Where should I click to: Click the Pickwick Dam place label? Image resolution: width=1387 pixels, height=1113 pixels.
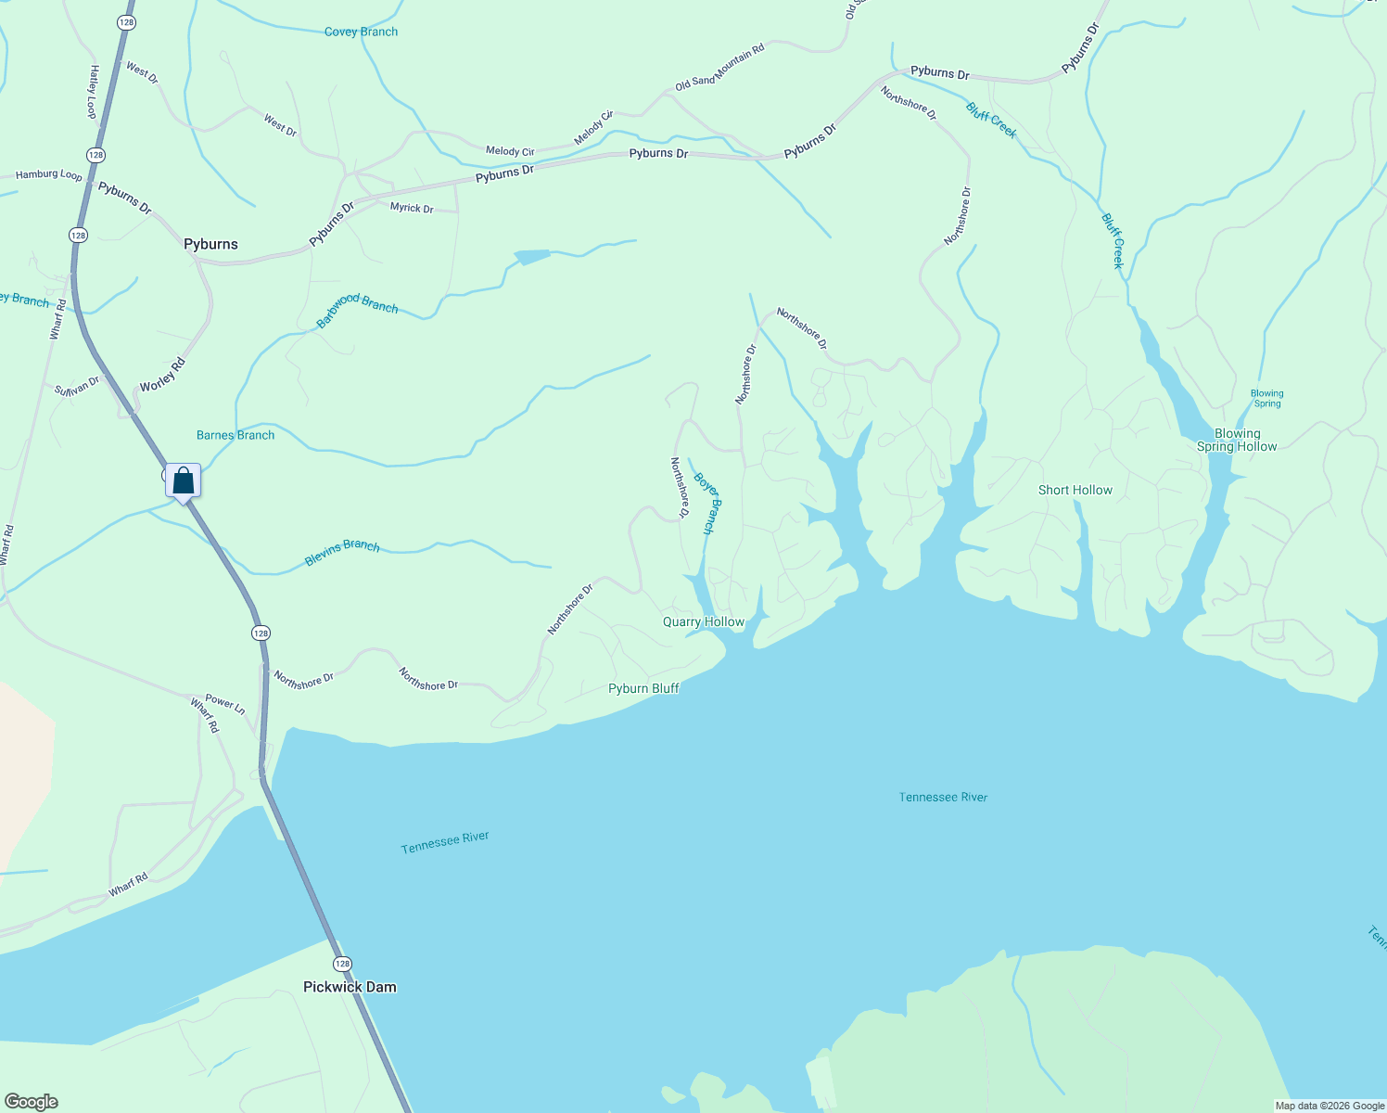[x=350, y=987]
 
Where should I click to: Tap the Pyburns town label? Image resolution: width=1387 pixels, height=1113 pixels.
[x=210, y=244]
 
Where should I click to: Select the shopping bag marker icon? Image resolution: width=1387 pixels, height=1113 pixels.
[x=184, y=480]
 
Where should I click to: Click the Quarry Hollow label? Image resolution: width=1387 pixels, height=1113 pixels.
[x=703, y=621]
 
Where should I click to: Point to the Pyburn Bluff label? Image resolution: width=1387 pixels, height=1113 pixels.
[x=643, y=688]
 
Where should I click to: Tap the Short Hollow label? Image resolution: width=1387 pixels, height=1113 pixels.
[x=1075, y=490]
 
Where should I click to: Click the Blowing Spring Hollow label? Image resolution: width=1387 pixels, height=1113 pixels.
[x=1237, y=440]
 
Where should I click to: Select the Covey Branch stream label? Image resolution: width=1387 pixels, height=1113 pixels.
[x=361, y=32]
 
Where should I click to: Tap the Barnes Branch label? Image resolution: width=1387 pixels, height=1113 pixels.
[x=235, y=435]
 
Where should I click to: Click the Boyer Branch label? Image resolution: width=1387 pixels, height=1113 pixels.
[x=706, y=504]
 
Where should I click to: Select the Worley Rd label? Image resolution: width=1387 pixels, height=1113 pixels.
[x=162, y=375]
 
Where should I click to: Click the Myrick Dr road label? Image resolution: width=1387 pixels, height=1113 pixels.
[x=412, y=208]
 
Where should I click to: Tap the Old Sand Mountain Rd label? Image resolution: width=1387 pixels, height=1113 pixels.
[x=719, y=67]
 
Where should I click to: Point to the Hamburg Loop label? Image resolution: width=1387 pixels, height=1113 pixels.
[x=49, y=174]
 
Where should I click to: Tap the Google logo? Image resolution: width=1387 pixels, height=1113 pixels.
[x=31, y=1102]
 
